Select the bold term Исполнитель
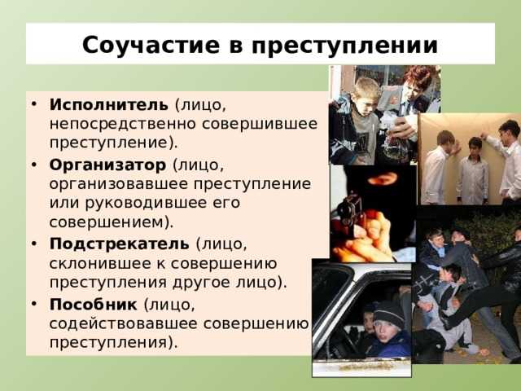[108, 105]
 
